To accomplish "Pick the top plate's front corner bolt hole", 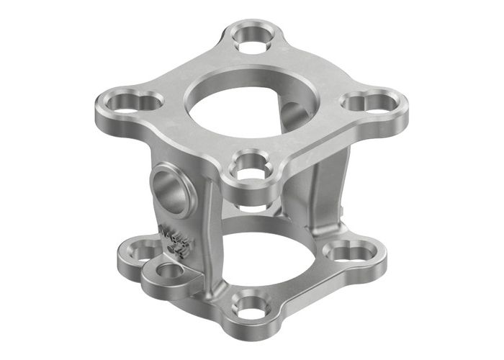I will click(249, 166).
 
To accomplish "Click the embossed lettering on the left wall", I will click(173, 241).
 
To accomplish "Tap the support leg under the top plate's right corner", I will click(337, 180).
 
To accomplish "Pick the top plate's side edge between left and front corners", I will click(184, 148).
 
